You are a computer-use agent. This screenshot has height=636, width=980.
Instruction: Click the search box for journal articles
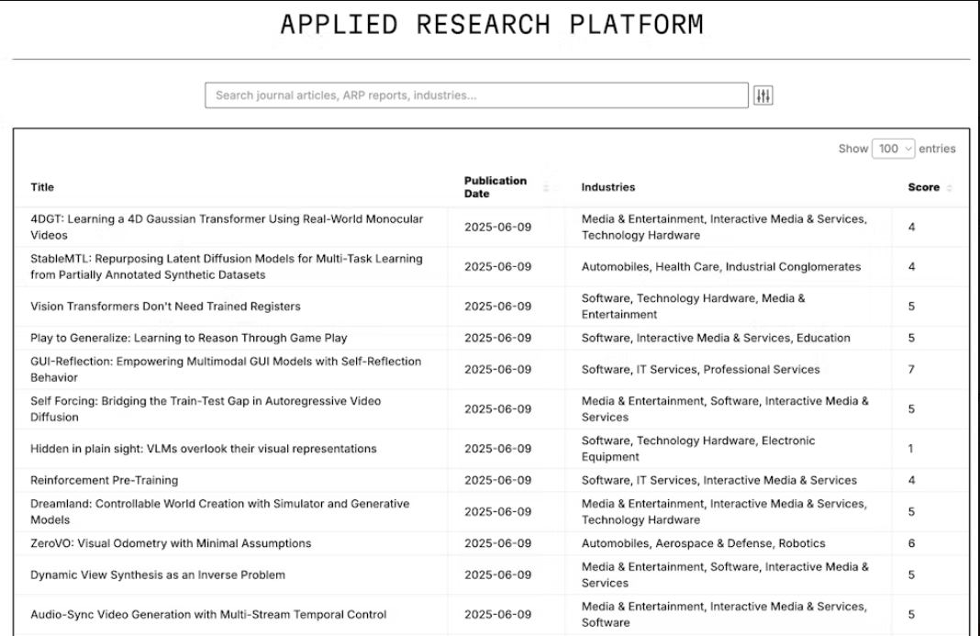476,95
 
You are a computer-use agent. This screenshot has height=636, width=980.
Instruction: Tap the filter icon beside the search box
763,95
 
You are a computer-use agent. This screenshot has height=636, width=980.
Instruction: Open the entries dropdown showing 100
895,149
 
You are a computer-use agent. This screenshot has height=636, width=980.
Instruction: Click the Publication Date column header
496,187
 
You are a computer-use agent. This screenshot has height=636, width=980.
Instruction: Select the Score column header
923,187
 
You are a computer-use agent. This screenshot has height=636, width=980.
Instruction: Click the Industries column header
607,187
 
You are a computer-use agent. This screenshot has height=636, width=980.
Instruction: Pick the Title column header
42,187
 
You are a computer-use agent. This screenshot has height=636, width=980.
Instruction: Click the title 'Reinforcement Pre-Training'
105,480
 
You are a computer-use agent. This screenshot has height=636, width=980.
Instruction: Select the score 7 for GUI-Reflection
911,370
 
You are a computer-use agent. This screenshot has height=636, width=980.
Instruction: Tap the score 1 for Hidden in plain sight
911,449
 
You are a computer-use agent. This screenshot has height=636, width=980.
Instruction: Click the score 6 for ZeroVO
911,543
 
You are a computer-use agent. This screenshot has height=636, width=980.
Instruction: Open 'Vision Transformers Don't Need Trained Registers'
165,307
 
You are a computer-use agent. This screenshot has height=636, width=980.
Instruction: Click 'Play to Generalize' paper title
189,338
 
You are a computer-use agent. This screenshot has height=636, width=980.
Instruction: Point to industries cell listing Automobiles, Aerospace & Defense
703,543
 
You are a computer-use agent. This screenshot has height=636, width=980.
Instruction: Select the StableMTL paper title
227,267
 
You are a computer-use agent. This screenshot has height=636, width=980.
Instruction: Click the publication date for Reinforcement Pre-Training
497,480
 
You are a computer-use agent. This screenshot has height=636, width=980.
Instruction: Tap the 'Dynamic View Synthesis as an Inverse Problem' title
158,575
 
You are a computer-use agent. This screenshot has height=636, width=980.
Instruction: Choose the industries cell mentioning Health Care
720,267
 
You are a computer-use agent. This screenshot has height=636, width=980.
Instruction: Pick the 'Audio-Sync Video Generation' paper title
208,615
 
